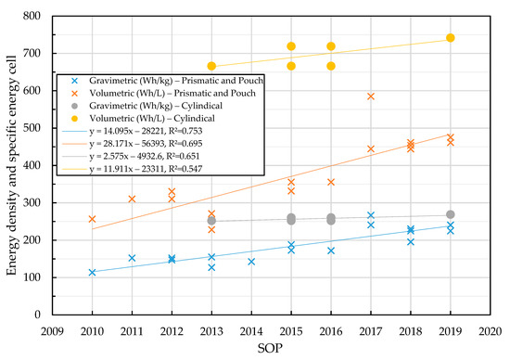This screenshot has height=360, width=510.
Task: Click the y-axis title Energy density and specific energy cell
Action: (x=12, y=165)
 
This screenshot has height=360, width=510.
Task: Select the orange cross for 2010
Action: (x=92, y=219)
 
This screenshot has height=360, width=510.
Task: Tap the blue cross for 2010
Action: (x=92, y=272)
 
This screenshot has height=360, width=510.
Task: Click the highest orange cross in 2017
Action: (x=371, y=96)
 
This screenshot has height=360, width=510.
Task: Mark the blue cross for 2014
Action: (x=251, y=262)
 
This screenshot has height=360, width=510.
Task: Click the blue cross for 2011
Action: (x=132, y=258)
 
